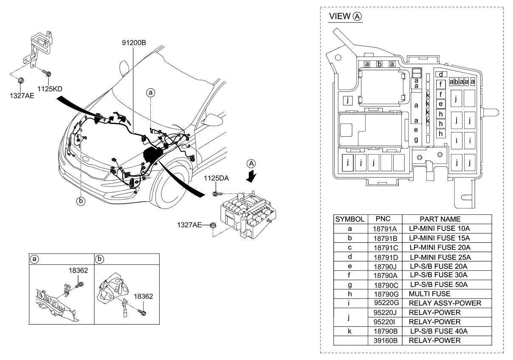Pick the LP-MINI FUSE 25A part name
click(x=440, y=257)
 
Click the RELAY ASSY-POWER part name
click(x=444, y=303)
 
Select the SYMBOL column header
click(x=350, y=219)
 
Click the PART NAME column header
click(x=440, y=219)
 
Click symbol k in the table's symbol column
click(x=349, y=331)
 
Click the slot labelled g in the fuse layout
click(x=416, y=139)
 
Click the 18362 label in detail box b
click(x=144, y=296)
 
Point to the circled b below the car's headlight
click(x=80, y=201)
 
